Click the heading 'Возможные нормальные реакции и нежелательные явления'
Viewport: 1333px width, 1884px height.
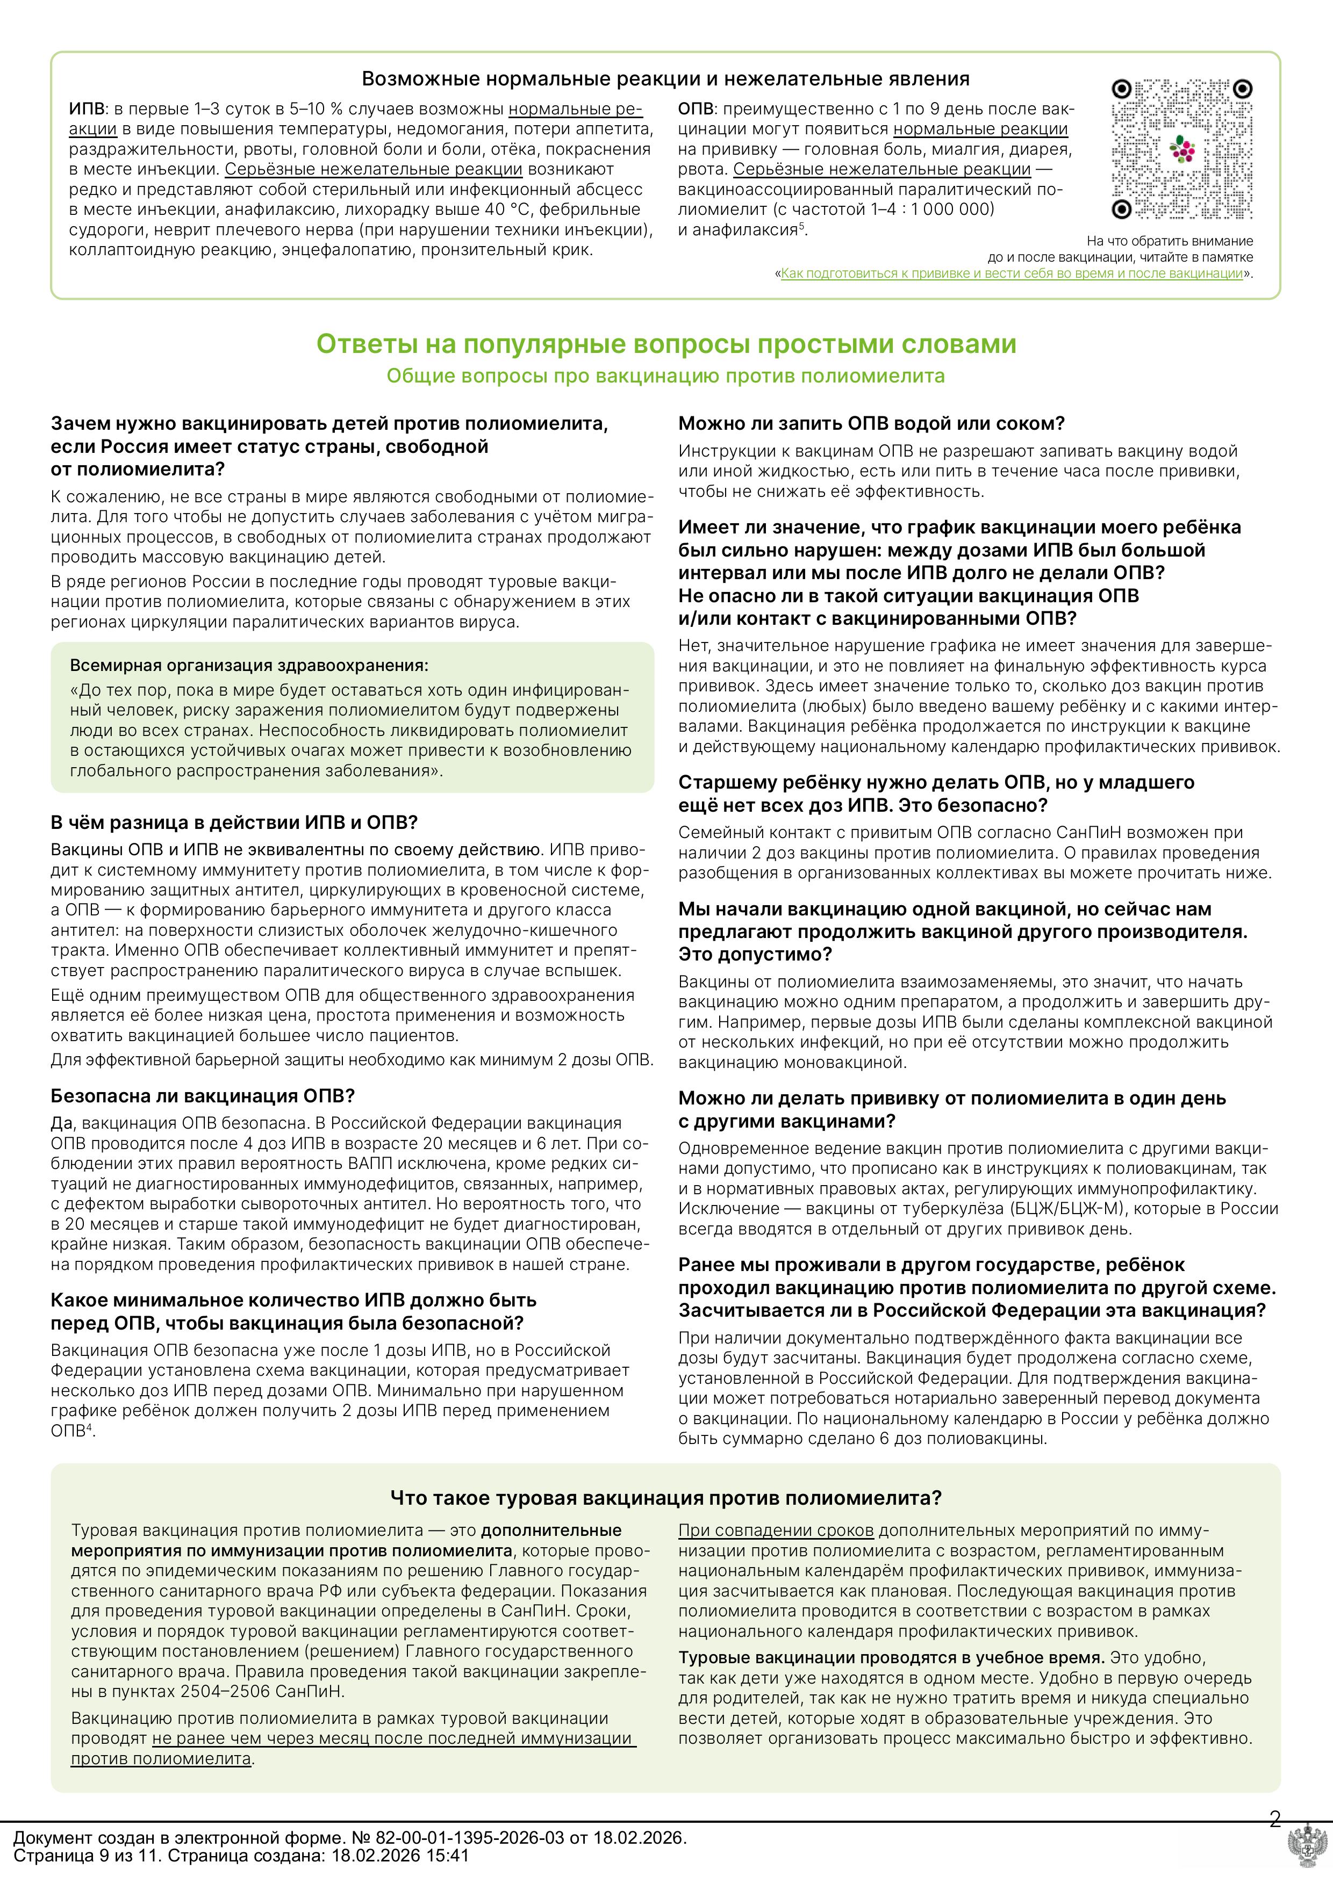pos(665,79)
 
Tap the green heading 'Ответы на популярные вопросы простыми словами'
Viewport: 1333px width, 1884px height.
pos(665,344)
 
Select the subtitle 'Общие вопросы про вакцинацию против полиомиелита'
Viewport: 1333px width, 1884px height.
pos(665,377)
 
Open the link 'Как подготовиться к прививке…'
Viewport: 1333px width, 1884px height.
pos(1011,273)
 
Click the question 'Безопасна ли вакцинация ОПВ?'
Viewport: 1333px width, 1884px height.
pos(203,1096)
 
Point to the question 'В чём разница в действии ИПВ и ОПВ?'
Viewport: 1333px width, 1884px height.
pos(234,822)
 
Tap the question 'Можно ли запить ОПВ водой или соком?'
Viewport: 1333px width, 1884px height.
pos(871,423)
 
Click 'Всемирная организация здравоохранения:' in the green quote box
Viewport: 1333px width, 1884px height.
pos(249,666)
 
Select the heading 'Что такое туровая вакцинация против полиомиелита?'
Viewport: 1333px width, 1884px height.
pos(665,1498)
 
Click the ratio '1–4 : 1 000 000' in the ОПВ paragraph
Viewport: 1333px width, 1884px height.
pos(933,209)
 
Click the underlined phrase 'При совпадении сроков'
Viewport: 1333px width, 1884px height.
pos(776,1531)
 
